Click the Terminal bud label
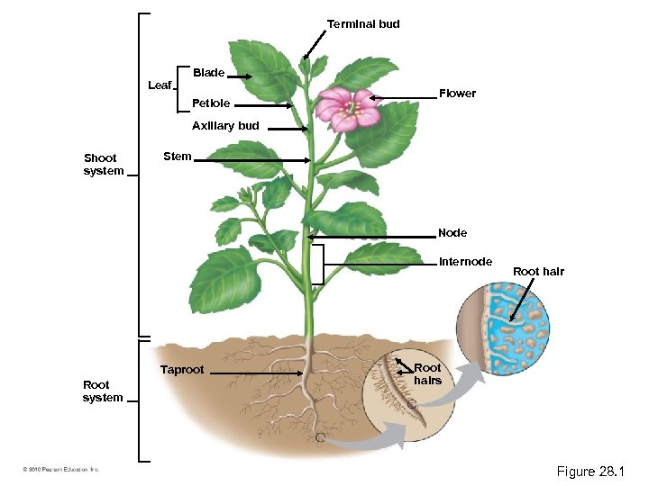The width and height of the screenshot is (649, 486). tap(362, 23)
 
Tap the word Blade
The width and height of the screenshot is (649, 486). tap(208, 72)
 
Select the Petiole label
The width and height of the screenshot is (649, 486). tap(211, 103)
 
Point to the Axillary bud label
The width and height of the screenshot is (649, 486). tap(225, 126)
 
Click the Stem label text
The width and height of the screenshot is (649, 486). tap(178, 157)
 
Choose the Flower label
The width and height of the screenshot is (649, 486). tap(457, 94)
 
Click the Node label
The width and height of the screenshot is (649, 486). tap(452, 233)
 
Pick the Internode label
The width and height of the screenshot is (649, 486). tap(465, 262)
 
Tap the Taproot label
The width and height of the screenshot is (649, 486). tap(182, 370)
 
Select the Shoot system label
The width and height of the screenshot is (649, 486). tap(104, 164)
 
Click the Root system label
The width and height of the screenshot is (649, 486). tap(103, 391)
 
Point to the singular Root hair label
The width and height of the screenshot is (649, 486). tap(538, 271)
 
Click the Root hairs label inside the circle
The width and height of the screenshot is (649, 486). tap(427, 373)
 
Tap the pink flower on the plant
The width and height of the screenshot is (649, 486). tap(345, 110)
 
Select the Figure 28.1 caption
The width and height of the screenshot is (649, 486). tap(590, 472)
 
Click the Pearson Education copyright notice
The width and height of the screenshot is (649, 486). tap(62, 469)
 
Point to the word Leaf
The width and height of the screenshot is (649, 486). tap(160, 85)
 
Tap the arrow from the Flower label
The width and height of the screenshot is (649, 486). tap(402, 95)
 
